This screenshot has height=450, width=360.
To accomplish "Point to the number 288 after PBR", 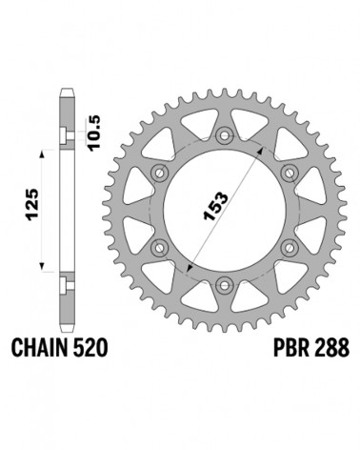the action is (331, 348).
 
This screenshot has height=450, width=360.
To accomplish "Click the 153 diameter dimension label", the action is (215, 206).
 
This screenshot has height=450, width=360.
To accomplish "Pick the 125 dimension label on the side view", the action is (32, 205).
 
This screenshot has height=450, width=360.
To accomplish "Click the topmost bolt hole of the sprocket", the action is (225, 135).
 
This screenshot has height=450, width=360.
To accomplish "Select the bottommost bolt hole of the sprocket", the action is (225, 284).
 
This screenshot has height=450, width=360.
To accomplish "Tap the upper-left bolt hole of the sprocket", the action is (159, 174).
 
